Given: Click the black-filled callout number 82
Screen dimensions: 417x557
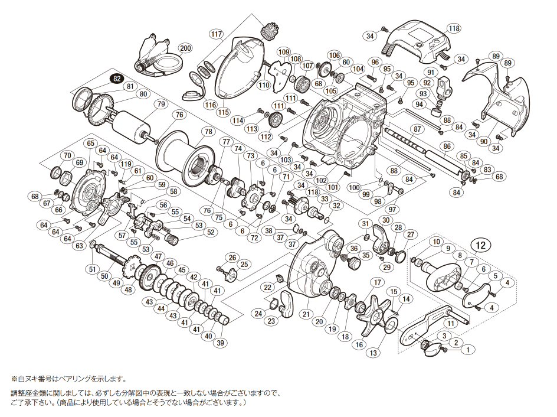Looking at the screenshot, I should point(116,79).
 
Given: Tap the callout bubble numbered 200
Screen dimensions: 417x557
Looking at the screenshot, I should point(185,48).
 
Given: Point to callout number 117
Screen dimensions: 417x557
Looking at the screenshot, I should point(216,34).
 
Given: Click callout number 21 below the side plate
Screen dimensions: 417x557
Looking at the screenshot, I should point(306,314).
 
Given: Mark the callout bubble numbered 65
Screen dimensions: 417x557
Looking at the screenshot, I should point(90,144).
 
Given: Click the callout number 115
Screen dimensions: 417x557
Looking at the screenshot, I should point(223,111).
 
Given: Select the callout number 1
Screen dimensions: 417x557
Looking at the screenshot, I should point(468,350).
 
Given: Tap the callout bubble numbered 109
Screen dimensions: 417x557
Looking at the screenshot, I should point(283,52).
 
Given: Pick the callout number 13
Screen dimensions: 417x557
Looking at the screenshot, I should point(372,353).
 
